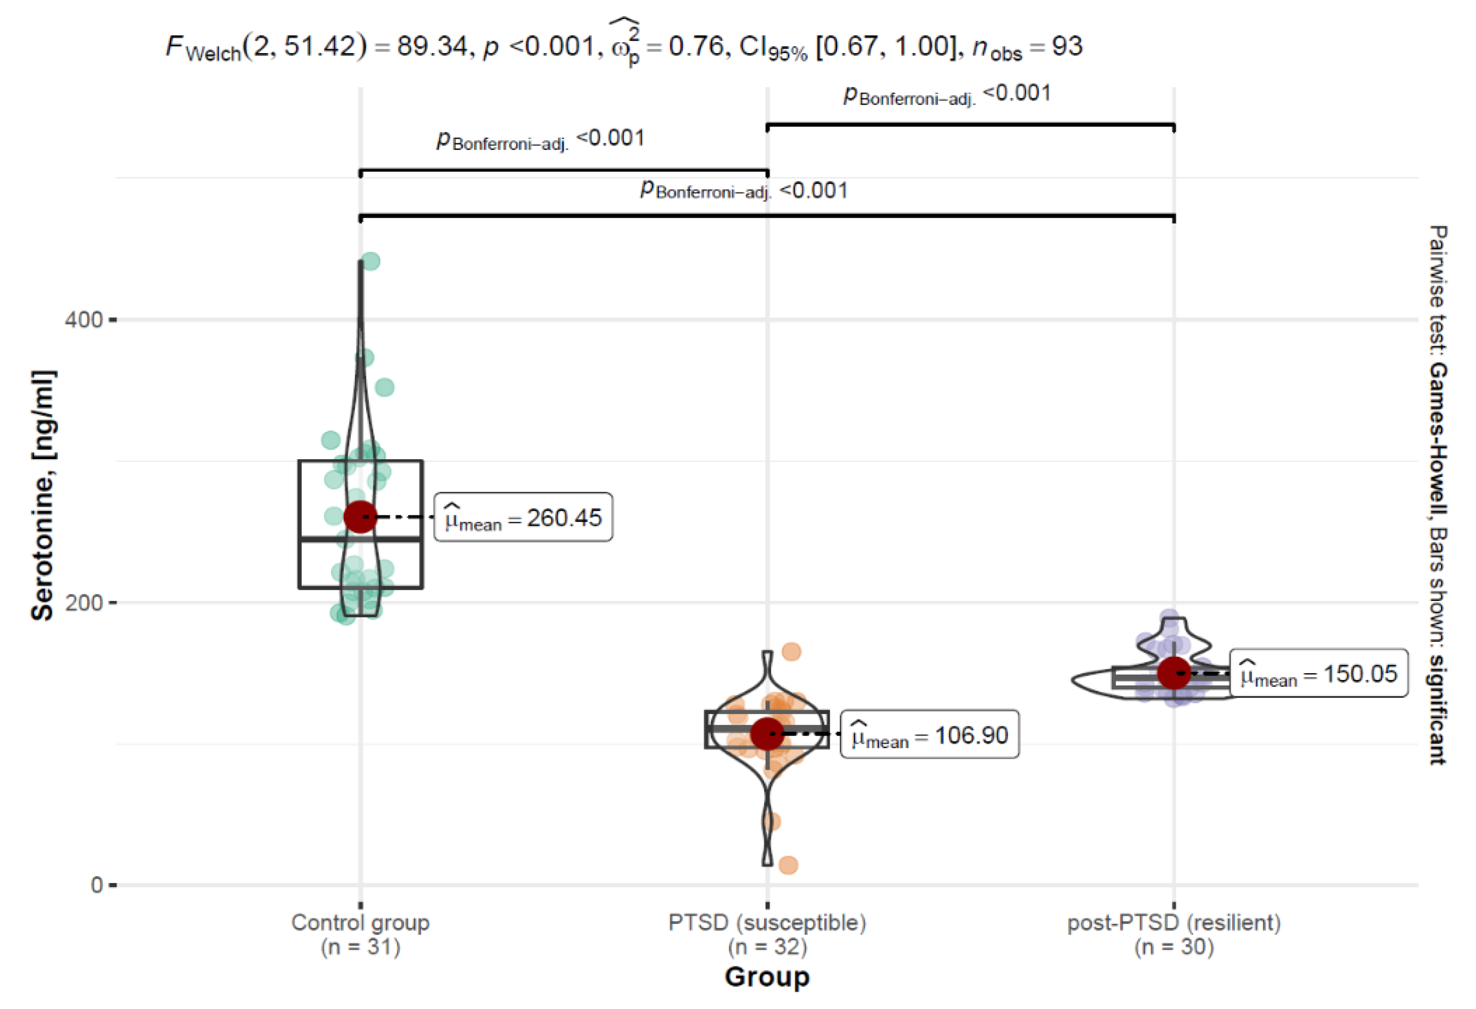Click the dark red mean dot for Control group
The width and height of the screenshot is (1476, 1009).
[360, 517]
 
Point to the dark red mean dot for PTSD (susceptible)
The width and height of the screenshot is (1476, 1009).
[767, 734]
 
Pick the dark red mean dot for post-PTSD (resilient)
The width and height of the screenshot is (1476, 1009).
[1174, 673]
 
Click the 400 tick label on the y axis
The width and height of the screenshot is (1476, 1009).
[83, 320]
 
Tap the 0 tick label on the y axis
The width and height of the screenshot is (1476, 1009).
[97, 884]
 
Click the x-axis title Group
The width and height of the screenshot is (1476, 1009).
[767, 977]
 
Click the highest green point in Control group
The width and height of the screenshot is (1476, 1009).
[370, 261]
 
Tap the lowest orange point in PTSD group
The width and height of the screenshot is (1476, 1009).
[788, 865]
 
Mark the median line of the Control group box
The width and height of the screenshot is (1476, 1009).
[360, 539]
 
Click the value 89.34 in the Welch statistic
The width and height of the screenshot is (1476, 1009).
[432, 46]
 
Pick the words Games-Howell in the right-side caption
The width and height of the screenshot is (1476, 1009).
[1437, 438]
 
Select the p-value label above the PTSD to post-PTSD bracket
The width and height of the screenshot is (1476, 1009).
[946, 94]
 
